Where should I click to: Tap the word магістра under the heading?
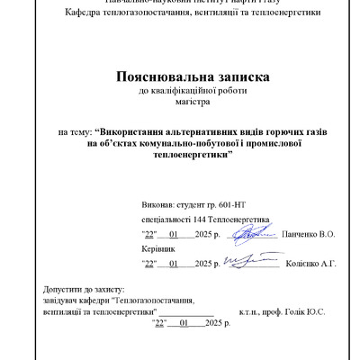pyautogui.click(x=179, y=103)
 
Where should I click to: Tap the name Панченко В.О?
pyautogui.click(x=309, y=234)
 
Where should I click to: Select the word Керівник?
pyautogui.click(x=154, y=247)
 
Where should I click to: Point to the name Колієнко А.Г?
pyautogui.click(x=310, y=264)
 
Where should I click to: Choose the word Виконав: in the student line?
pyautogui.click(x=160, y=205)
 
